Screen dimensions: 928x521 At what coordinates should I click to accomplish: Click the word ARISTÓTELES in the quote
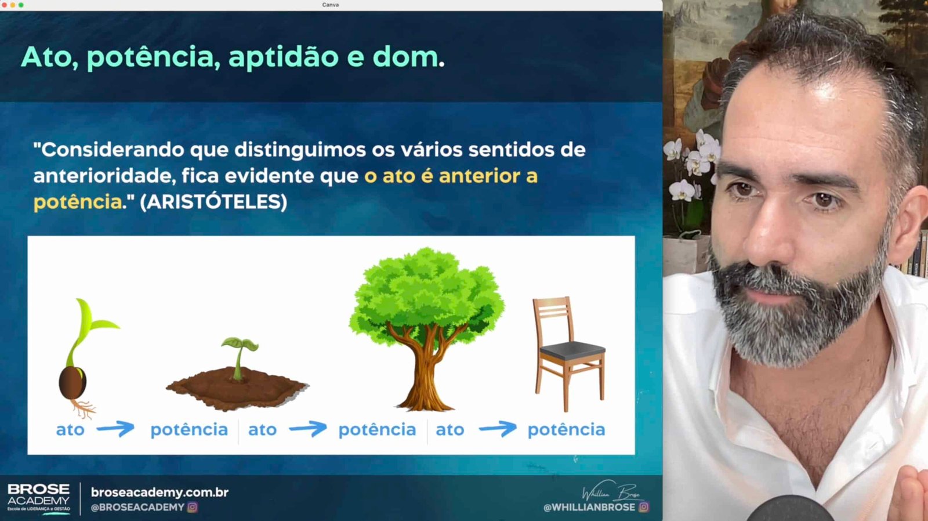213,202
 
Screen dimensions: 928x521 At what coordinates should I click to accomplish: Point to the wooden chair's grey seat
573,350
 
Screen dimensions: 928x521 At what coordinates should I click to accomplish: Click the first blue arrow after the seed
115,429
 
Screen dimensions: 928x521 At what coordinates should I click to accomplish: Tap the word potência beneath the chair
566,430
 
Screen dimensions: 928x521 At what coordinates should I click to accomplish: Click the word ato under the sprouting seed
70,430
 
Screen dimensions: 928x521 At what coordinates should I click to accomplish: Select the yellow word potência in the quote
78,202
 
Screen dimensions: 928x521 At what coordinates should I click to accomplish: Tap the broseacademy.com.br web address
159,493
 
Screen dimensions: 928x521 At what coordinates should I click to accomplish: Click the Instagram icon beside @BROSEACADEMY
193,507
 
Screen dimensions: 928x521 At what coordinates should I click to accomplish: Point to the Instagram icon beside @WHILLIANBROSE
644,507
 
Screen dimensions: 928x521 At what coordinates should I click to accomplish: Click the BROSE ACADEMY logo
38,498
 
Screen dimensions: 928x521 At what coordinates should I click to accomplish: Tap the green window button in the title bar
21,5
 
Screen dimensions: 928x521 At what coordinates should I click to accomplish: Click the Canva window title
330,5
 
